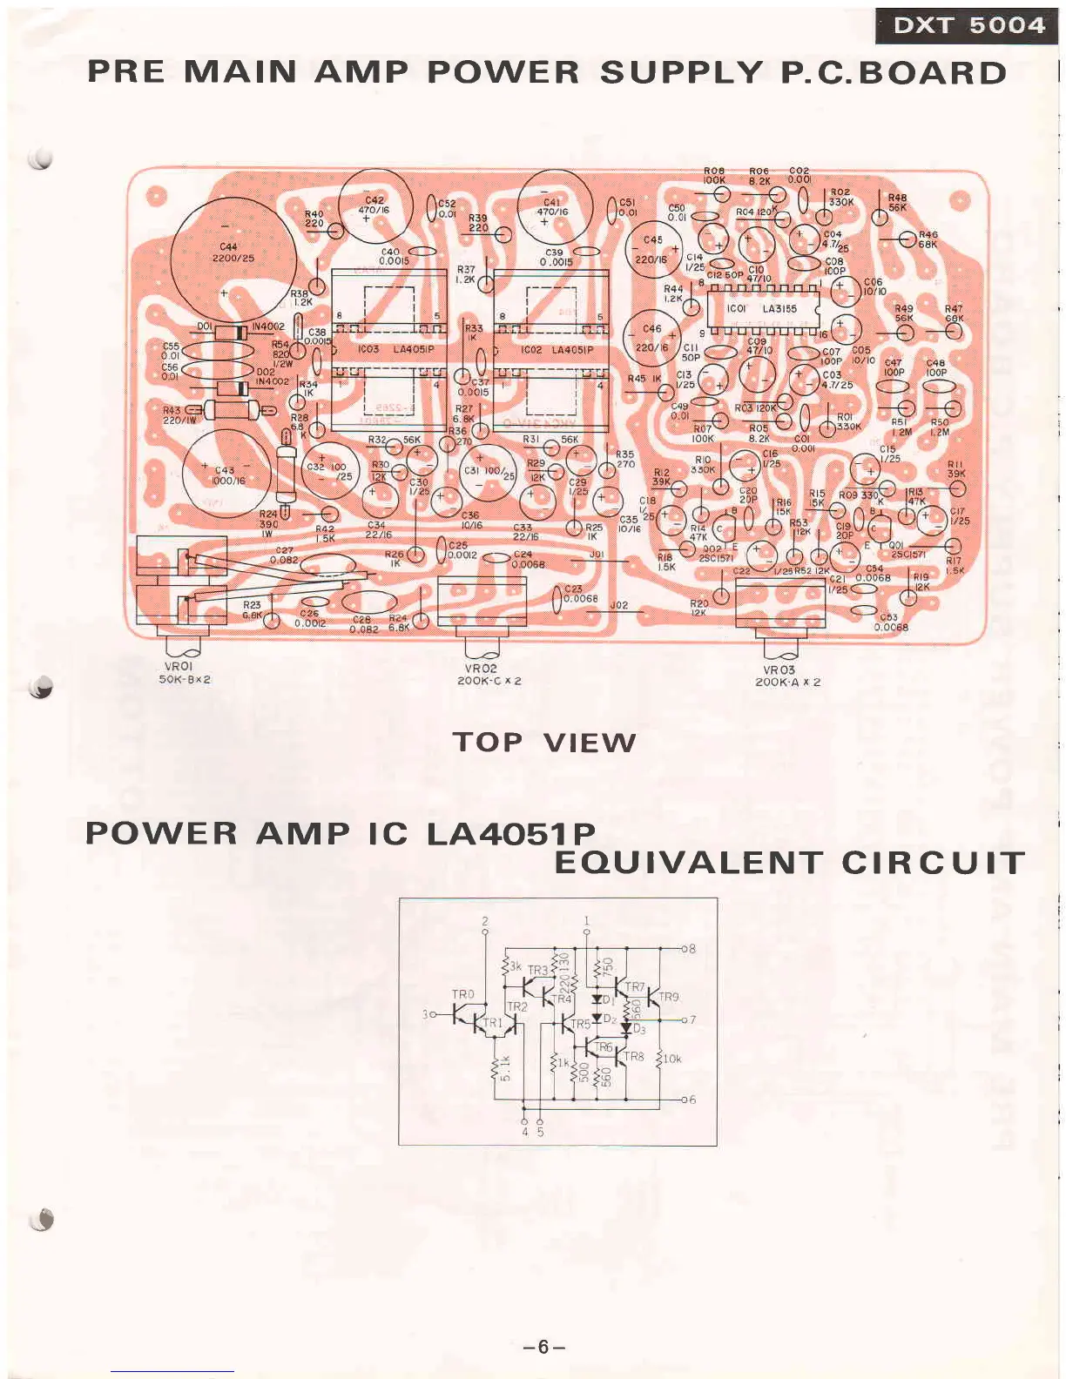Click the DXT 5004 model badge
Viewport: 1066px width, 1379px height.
tap(968, 25)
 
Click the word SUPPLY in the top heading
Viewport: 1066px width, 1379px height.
tap(681, 72)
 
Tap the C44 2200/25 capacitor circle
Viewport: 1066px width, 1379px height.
tap(233, 254)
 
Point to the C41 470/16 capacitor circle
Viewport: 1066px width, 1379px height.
tap(552, 206)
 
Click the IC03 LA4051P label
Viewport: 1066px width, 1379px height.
tap(396, 349)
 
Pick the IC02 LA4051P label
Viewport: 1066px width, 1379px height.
tap(557, 350)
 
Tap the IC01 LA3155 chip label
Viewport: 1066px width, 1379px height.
tap(761, 308)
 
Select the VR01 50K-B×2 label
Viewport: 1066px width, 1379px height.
tap(184, 673)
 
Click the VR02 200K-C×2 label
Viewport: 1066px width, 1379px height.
tap(489, 675)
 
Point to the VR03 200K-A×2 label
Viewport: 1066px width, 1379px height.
tap(787, 676)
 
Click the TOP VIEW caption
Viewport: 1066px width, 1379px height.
tap(544, 743)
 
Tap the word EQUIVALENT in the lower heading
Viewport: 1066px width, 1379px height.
tap(688, 863)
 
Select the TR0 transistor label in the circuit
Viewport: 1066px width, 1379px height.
tap(462, 994)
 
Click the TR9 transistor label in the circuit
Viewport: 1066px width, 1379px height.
tap(668, 997)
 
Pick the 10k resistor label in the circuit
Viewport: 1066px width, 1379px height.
tap(672, 1059)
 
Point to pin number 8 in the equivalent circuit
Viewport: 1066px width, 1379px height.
tap(692, 948)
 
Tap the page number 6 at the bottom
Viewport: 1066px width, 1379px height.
tap(543, 1347)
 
